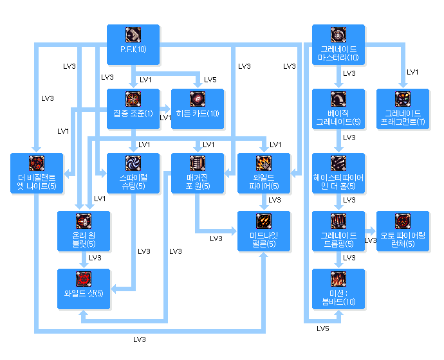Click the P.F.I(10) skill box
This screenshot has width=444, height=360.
point(133,44)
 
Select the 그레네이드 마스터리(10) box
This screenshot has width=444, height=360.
point(338,44)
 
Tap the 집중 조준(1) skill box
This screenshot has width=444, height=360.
point(133,108)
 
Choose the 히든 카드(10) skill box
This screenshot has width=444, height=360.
point(198,108)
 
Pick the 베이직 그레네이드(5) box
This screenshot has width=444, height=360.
point(338,108)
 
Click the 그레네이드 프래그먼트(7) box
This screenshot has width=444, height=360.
point(403,108)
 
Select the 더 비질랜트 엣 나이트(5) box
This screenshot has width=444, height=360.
point(37,172)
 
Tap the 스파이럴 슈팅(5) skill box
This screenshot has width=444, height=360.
point(133,172)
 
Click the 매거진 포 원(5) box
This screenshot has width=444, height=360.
point(198,172)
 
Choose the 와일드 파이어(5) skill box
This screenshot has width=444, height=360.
point(264,172)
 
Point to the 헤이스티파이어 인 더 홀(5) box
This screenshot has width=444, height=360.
point(338,172)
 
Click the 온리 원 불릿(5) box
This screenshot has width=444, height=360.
point(84,230)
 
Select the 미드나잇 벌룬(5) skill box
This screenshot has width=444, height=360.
point(264,230)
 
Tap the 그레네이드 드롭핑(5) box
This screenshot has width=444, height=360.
point(338,230)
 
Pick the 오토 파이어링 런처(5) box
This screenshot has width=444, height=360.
point(403,230)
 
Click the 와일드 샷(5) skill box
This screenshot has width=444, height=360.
point(84,287)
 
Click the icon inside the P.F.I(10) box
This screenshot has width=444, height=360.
point(133,35)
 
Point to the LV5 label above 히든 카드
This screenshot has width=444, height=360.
point(210,80)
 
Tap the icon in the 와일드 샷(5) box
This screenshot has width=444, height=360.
point(84,278)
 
